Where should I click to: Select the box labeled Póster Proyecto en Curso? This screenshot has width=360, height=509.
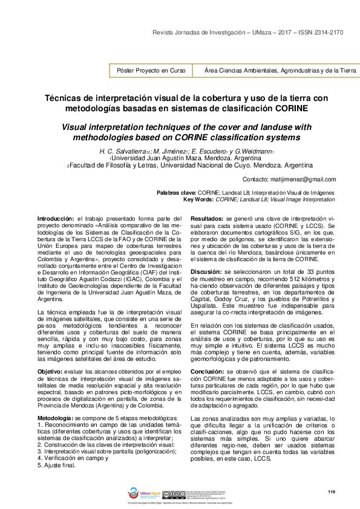coord(151,71)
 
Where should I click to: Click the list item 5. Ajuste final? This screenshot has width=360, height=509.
coord(57,449)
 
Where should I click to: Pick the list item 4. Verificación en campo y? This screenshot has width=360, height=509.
coord(73,442)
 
